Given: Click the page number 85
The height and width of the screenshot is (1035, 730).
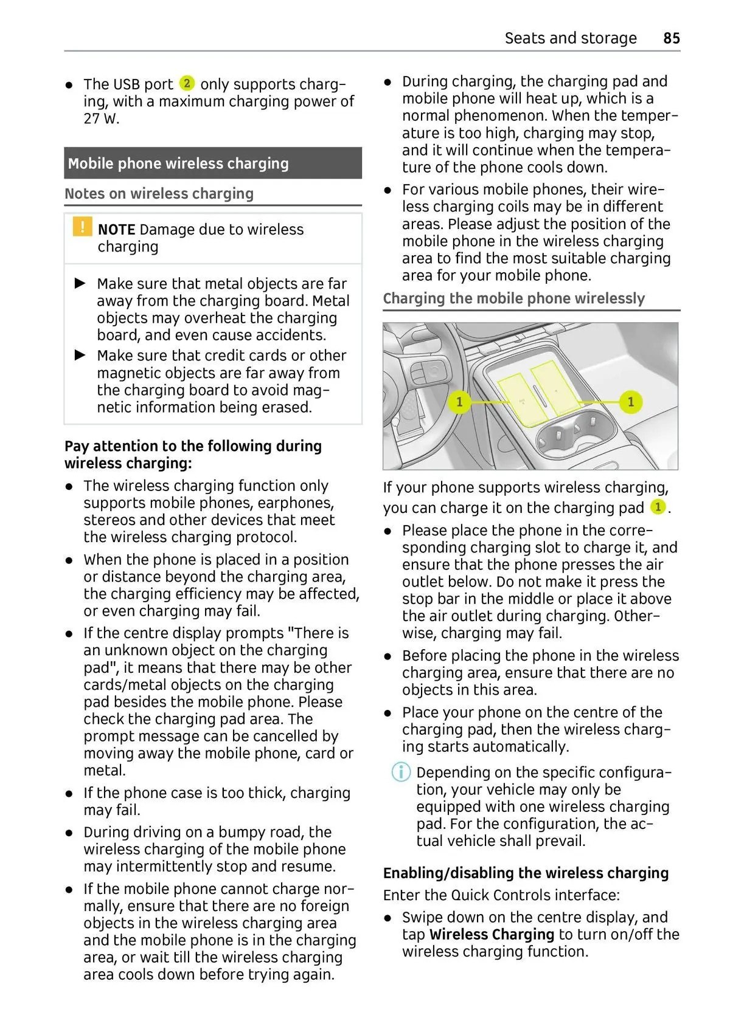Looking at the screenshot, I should (671, 38).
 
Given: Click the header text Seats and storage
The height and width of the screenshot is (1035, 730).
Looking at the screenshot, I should (570, 38).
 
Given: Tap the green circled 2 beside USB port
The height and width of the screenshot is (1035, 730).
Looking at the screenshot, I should (187, 83).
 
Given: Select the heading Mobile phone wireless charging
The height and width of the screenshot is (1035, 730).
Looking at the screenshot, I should (178, 163).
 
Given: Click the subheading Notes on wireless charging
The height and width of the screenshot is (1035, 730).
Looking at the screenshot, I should (159, 194).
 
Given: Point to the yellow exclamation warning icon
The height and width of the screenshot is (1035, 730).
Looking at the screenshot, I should (82, 227).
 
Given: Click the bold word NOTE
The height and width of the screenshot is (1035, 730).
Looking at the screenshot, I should (116, 230).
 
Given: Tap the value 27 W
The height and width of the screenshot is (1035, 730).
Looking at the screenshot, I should (102, 119).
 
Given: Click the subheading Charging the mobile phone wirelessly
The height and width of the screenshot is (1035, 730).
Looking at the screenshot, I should (513, 298).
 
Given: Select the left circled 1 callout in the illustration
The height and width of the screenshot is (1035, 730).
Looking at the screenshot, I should (459, 402).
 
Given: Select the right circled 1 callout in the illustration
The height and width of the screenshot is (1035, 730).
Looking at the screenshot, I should (630, 402).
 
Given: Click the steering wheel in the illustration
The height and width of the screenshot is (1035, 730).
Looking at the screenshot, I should (420, 377).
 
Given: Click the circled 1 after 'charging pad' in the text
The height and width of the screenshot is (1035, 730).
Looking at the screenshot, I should (658, 507).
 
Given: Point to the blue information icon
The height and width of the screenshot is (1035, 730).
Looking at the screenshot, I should (400, 772).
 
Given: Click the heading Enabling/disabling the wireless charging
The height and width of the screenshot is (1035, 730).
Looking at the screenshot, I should (526, 873).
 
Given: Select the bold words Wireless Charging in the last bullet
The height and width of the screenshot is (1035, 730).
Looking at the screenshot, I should (492, 935).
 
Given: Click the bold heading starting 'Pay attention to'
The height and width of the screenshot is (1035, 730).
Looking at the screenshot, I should (193, 455).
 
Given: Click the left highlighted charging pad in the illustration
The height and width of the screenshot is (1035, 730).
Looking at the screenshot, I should (523, 398).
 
